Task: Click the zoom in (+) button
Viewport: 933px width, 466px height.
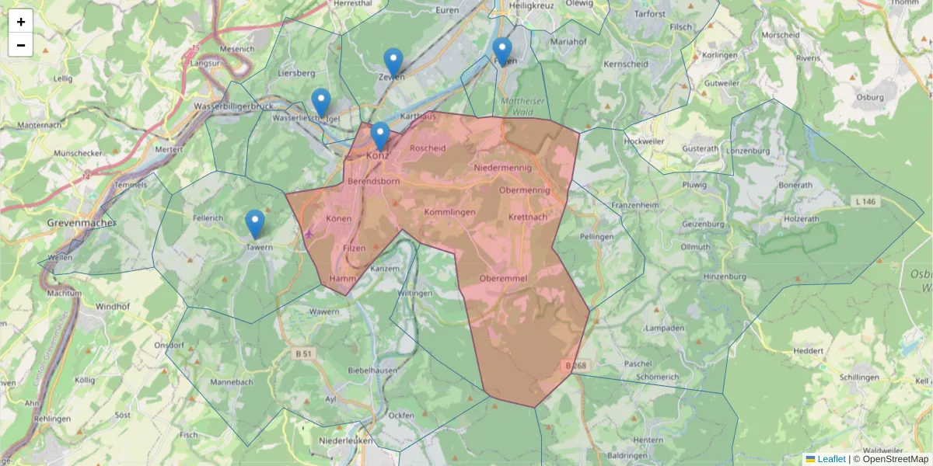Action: (x=21, y=22)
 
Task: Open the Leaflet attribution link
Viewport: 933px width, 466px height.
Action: (x=831, y=459)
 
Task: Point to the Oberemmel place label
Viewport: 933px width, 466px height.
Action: (x=504, y=278)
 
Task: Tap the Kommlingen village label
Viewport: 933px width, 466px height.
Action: (x=449, y=212)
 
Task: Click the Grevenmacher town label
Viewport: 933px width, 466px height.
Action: (x=81, y=223)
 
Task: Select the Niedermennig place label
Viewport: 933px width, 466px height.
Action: (x=502, y=168)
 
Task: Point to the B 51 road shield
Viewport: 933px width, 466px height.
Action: (x=305, y=353)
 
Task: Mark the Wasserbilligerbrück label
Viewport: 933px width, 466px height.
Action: (x=231, y=106)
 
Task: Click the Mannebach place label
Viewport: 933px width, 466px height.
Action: (x=232, y=383)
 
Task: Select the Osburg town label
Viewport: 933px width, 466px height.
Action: (x=869, y=98)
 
